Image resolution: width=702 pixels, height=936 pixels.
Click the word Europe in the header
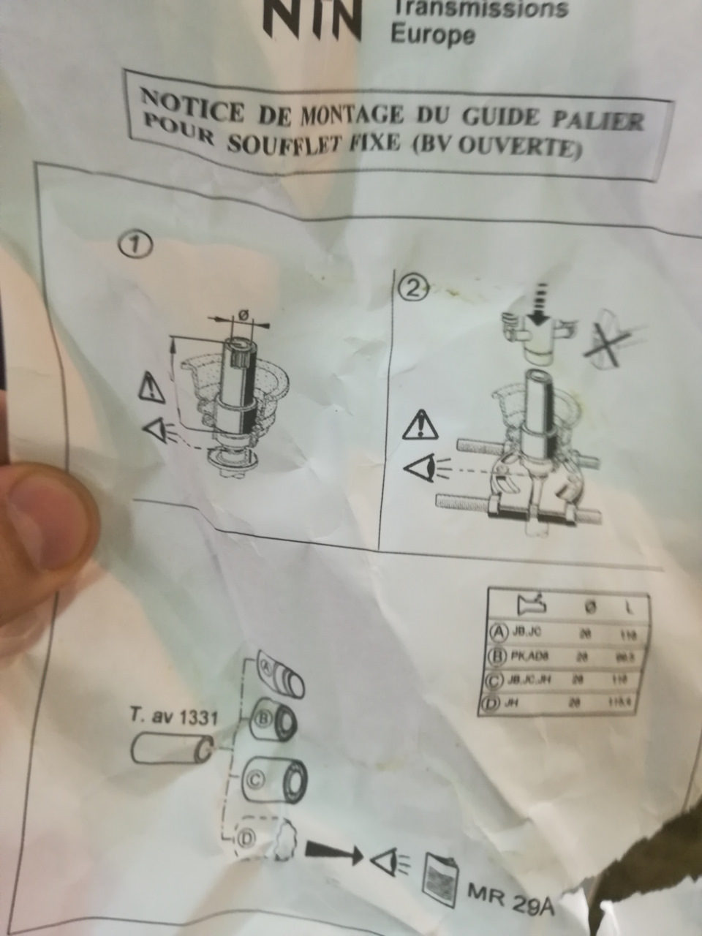pos(432,34)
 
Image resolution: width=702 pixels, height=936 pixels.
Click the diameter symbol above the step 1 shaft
pos(243,314)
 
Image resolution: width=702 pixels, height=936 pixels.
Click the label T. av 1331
pos(174,717)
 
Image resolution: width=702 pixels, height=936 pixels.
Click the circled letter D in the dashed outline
pos(246,838)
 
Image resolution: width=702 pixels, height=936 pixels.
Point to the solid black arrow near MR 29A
pos(333,851)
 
